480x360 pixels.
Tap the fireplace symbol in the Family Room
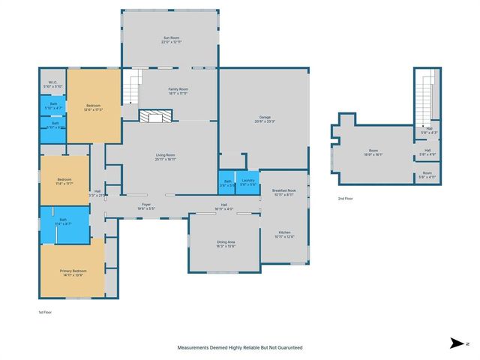(x=156, y=116)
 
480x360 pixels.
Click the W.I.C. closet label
(x=52, y=84)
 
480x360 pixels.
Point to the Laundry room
(x=248, y=182)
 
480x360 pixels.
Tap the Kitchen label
(x=284, y=234)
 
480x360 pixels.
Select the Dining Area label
(x=226, y=244)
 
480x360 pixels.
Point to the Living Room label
(x=166, y=157)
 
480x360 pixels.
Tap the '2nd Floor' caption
(x=346, y=199)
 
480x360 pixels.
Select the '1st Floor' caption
(x=46, y=311)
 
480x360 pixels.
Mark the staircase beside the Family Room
(x=132, y=88)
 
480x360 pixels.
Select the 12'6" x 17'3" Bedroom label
(x=94, y=106)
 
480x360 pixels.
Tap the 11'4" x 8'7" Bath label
(x=63, y=223)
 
